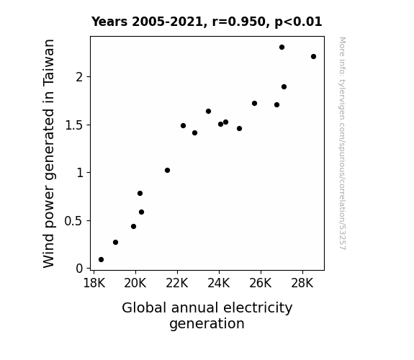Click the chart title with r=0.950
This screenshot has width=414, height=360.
(207, 22)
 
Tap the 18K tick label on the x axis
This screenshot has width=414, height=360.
(94, 283)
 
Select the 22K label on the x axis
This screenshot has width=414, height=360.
(177, 283)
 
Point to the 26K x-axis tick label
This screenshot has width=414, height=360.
(261, 283)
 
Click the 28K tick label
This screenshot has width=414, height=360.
(302, 283)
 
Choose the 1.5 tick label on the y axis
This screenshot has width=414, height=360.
(73, 125)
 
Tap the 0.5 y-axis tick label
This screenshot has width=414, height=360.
(73, 221)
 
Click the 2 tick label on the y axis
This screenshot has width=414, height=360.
(79, 77)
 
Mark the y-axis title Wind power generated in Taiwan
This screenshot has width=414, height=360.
(48, 153)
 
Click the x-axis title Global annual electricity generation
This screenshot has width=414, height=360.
(207, 315)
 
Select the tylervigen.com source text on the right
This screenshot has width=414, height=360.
(343, 143)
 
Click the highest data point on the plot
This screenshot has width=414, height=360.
(282, 48)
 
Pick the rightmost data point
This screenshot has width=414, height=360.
(313, 57)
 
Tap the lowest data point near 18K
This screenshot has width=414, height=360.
(101, 260)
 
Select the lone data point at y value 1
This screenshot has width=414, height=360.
(167, 171)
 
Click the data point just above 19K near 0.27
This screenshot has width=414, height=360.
(115, 242)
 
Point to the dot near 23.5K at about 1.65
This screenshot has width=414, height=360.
(208, 111)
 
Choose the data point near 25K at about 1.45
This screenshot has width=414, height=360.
(239, 129)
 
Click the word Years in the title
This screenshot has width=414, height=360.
(109, 22)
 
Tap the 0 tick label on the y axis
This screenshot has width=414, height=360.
(79, 269)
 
